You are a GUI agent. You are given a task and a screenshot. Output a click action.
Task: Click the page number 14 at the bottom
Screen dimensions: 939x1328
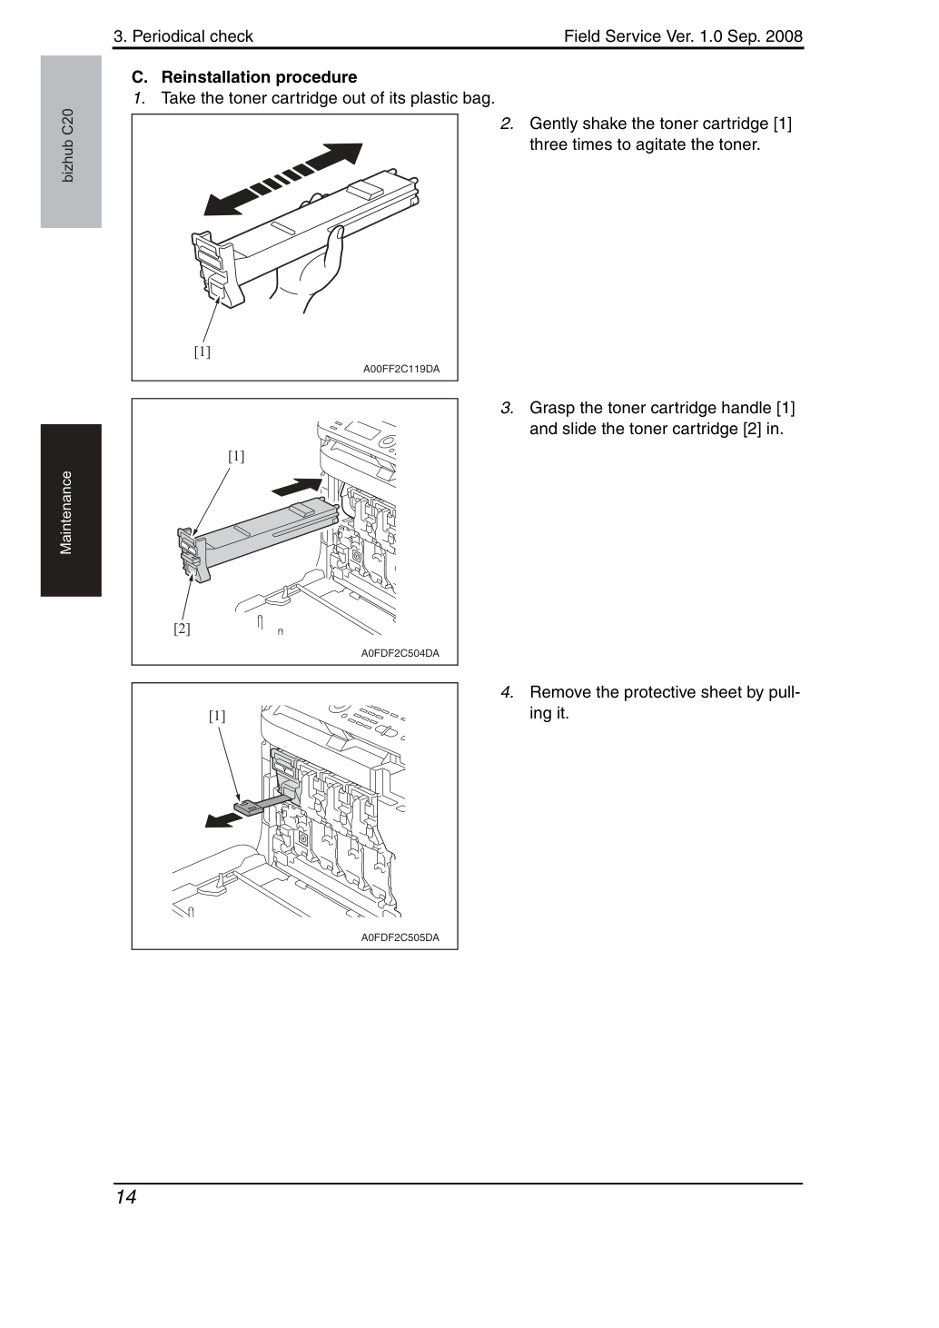point(126,1197)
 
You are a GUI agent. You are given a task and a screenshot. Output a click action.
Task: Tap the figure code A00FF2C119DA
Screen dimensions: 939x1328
point(401,369)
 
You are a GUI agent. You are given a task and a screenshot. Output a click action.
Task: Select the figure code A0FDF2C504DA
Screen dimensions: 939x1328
point(400,653)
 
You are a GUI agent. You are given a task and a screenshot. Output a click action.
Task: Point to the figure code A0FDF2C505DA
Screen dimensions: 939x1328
point(400,937)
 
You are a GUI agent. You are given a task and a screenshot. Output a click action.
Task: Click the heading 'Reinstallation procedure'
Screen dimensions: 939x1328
point(259,77)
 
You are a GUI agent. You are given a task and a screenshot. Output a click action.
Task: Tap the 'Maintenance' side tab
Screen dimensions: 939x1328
point(65,513)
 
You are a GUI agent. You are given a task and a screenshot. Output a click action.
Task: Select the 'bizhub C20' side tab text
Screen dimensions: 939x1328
point(67,145)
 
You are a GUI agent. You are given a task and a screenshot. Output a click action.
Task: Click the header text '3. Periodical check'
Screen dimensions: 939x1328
point(183,36)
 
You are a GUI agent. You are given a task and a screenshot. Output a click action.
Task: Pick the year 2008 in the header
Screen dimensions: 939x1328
point(784,36)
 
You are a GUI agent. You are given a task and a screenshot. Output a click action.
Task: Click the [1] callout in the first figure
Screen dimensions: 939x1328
point(203,352)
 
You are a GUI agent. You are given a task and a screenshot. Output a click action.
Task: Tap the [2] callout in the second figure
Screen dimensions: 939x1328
point(182,629)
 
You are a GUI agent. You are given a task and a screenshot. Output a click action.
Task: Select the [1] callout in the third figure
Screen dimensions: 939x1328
point(217,716)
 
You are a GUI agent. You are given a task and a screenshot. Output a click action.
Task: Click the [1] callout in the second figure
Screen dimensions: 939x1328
point(236,456)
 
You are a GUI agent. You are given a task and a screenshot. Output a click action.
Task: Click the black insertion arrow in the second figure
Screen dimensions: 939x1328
point(297,486)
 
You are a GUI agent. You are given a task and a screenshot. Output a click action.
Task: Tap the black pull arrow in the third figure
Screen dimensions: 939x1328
point(223,820)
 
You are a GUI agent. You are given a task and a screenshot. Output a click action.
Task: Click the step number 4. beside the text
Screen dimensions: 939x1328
point(507,692)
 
